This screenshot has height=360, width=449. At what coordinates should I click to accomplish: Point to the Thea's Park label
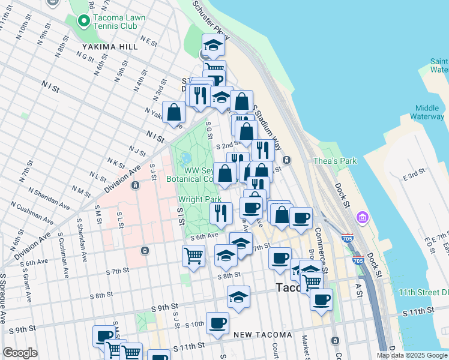click(335, 161)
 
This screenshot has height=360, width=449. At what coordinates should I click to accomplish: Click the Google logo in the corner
click(19, 353)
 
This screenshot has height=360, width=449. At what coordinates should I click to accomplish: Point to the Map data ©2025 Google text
click(412, 355)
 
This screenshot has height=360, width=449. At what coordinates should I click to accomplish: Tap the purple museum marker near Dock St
click(363, 216)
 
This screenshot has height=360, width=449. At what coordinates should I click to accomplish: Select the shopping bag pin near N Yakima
click(173, 112)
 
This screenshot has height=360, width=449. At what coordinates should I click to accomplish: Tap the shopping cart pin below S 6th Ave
click(193, 256)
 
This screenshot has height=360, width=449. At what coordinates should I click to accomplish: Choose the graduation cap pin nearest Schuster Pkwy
click(213, 45)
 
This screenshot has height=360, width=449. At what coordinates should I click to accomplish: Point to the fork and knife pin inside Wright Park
click(221, 212)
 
